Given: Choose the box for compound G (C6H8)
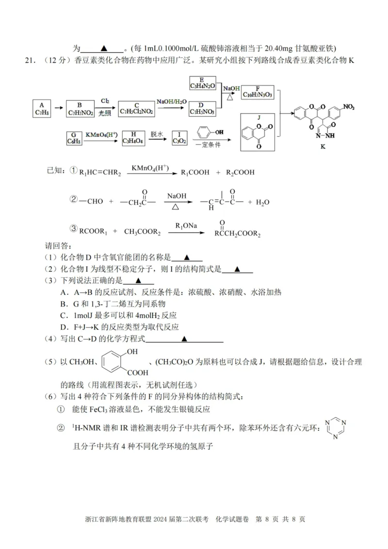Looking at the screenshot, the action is [x=74, y=137].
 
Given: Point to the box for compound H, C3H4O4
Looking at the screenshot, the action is [x=133, y=137].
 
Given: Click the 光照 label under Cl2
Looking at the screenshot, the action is [x=105, y=113].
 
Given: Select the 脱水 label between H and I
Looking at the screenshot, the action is [x=156, y=133].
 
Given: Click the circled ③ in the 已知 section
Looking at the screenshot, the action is [x=74, y=228].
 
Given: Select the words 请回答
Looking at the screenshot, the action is [x=58, y=246].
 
